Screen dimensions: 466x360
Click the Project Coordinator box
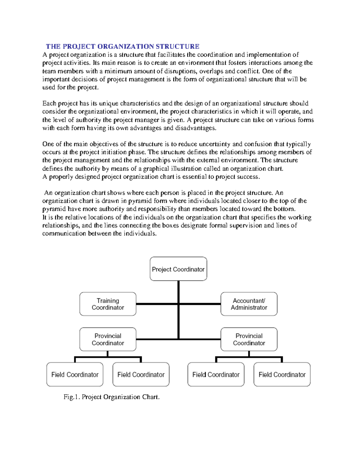178,269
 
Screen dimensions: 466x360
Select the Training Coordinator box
108,304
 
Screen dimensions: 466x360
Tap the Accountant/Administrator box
249,304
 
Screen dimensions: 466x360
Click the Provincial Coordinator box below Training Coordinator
108,339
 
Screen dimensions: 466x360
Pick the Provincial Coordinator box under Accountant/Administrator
249,339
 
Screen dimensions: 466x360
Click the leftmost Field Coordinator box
75,374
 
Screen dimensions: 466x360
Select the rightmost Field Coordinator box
282,374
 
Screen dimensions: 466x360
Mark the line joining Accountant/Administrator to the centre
200,304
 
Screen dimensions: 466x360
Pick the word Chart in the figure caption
151,397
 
